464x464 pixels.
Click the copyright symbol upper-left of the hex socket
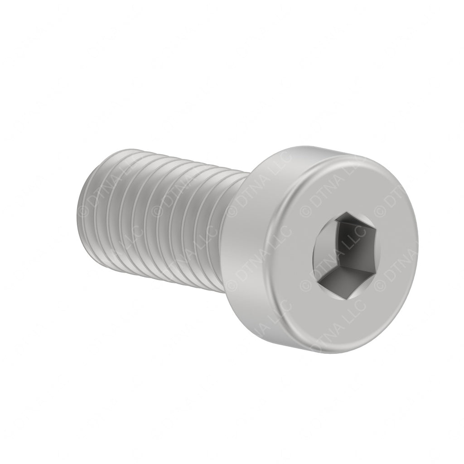(304, 211)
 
